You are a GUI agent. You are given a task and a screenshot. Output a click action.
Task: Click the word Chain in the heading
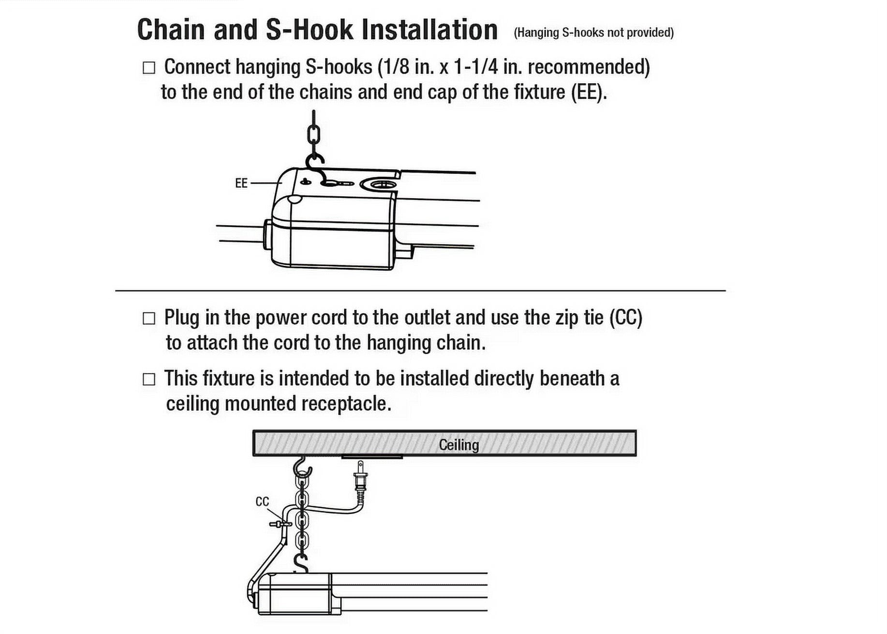[x=173, y=29]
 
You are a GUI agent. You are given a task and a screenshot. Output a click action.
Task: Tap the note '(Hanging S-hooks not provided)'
[x=593, y=32]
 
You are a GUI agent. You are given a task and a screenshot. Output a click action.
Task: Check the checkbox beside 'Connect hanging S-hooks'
[x=149, y=68]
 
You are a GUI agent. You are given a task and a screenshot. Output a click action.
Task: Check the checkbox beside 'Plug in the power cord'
[x=149, y=318]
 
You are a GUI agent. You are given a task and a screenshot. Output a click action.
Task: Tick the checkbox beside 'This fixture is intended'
[x=149, y=379]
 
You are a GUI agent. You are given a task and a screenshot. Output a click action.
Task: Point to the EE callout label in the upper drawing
[x=241, y=183]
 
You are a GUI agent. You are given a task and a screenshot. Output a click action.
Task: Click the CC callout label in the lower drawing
[x=262, y=502]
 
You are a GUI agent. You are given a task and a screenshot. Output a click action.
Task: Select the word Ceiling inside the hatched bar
[x=458, y=445]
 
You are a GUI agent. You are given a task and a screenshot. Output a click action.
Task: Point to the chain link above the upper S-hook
[x=314, y=134]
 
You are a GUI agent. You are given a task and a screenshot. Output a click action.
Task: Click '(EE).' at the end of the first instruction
[x=588, y=92]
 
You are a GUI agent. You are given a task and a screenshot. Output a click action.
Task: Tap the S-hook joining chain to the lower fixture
[x=301, y=563]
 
